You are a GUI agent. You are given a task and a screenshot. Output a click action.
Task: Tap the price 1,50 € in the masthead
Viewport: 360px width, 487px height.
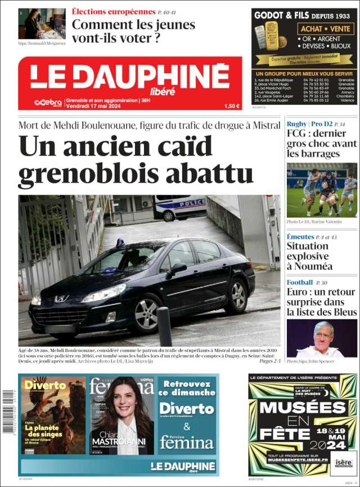pyautogui.click(x=231, y=106)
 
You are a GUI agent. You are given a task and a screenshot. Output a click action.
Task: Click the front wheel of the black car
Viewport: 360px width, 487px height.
pyautogui.click(x=147, y=314)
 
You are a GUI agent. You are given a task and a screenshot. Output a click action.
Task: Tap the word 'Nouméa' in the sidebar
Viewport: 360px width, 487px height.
pyautogui.click(x=309, y=266)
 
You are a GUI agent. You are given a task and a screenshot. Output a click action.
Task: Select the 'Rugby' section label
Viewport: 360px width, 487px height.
pyautogui.click(x=297, y=124)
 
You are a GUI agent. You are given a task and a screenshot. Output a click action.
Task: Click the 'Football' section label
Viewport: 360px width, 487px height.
pyautogui.click(x=300, y=282)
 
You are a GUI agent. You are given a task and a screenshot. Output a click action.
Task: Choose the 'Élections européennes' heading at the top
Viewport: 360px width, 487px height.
pyautogui.click(x=114, y=11)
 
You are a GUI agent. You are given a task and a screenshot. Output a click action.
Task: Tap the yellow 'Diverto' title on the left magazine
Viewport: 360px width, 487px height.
pyautogui.click(x=45, y=386)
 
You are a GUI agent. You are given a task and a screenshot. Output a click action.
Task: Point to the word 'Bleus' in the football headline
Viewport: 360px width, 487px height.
pyautogui.click(x=341, y=311)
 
